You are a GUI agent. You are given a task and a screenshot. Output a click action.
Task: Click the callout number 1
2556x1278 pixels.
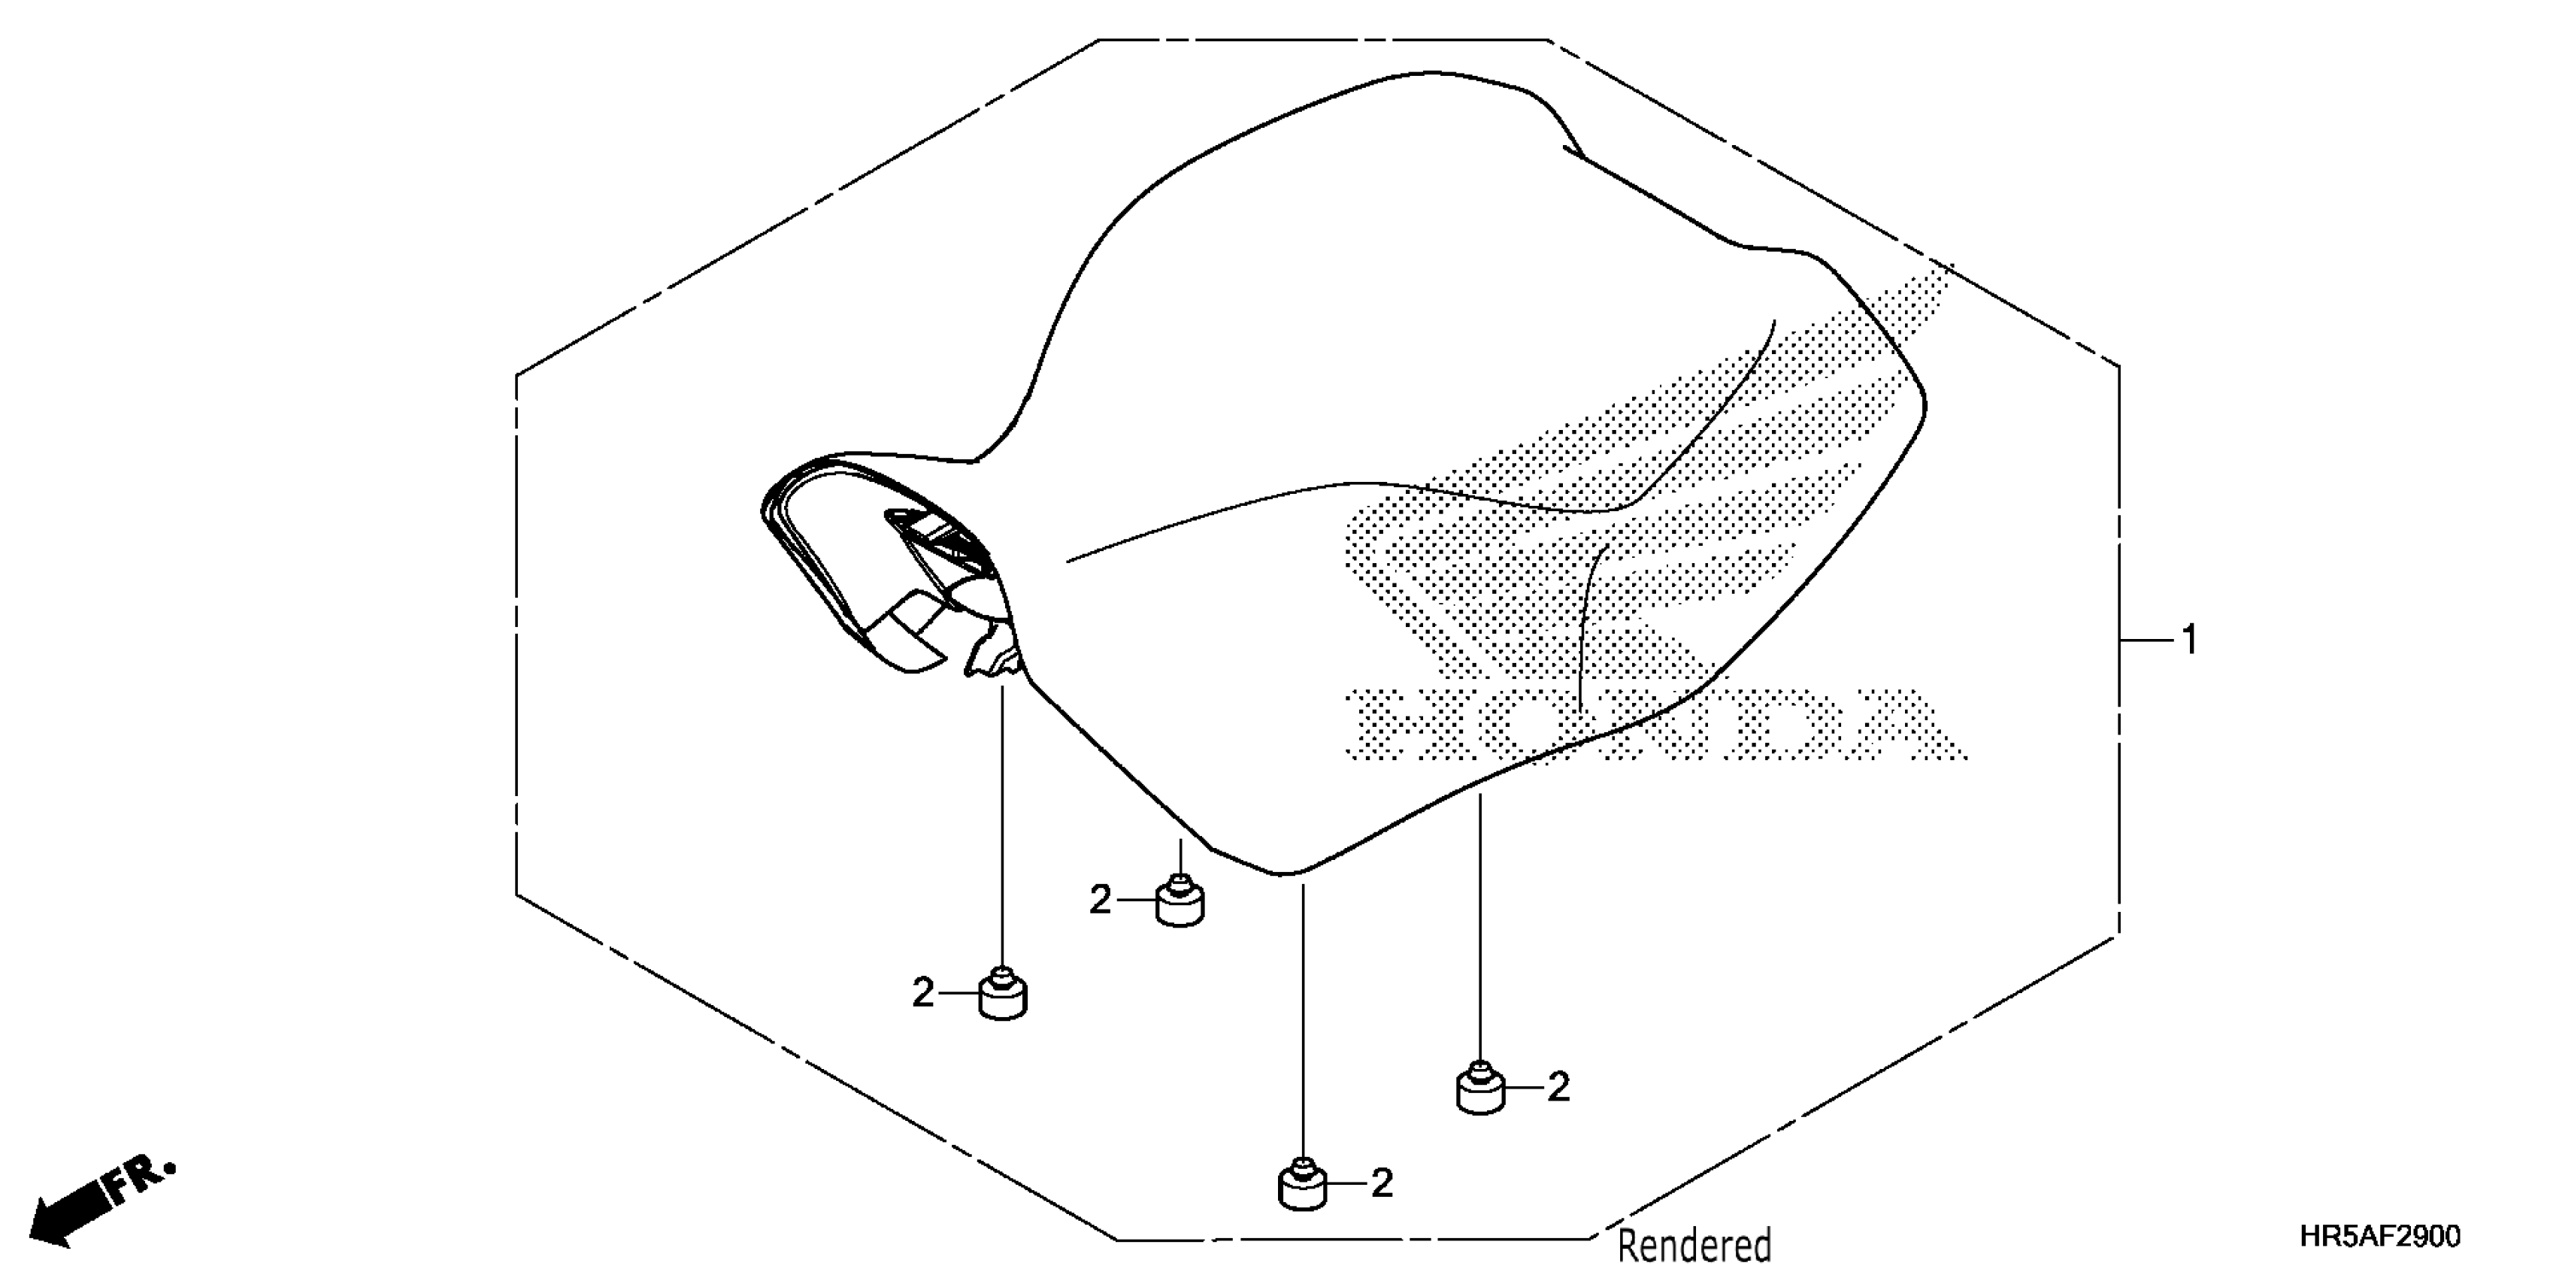2190,640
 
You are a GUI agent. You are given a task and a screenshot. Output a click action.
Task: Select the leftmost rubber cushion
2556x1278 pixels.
1003,996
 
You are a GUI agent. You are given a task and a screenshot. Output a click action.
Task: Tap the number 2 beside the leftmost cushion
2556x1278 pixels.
922,992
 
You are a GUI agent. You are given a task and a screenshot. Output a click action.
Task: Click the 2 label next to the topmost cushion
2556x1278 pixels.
1099,900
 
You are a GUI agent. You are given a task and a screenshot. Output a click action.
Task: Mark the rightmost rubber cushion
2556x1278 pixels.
1480,1091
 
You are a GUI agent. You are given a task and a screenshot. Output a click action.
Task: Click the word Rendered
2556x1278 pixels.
1694,1244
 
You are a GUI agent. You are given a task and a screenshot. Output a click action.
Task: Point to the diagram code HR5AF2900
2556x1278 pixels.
2379,1237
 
